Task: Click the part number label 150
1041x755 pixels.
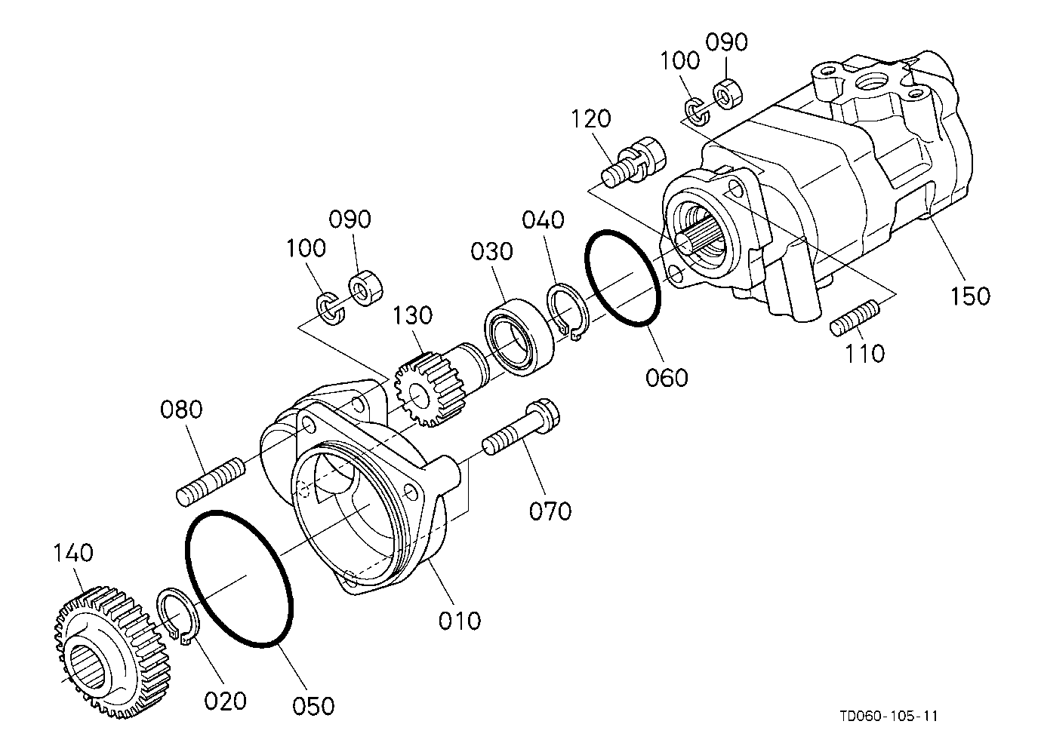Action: point(969,296)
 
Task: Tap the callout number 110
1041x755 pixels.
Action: point(864,352)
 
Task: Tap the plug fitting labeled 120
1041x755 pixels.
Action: point(637,160)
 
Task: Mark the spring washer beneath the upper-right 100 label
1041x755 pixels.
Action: point(697,110)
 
